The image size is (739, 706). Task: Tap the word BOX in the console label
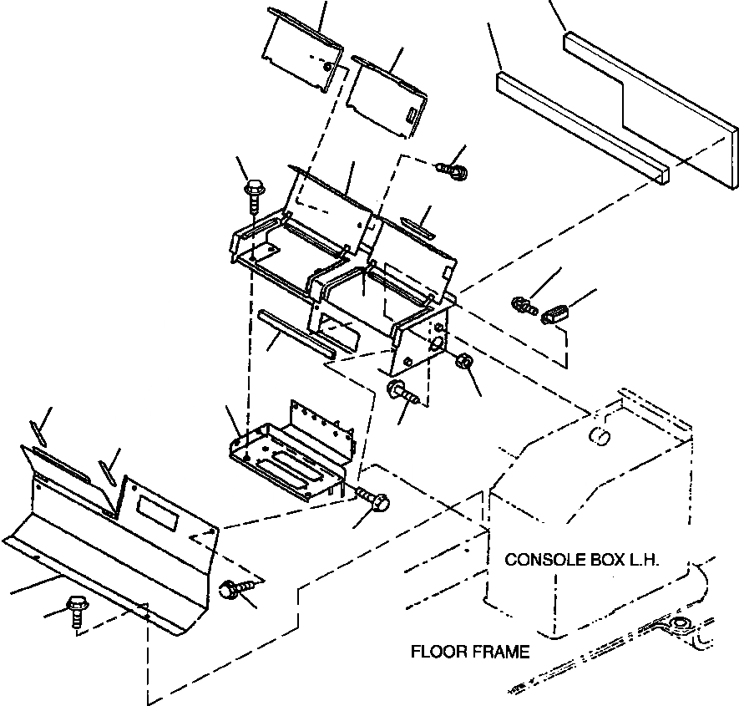(x=601, y=560)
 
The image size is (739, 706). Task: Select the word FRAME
(x=502, y=652)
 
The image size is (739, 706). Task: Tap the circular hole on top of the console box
(x=599, y=434)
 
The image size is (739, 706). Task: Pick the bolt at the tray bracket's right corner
(x=372, y=500)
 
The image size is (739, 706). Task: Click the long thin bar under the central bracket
(x=296, y=334)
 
